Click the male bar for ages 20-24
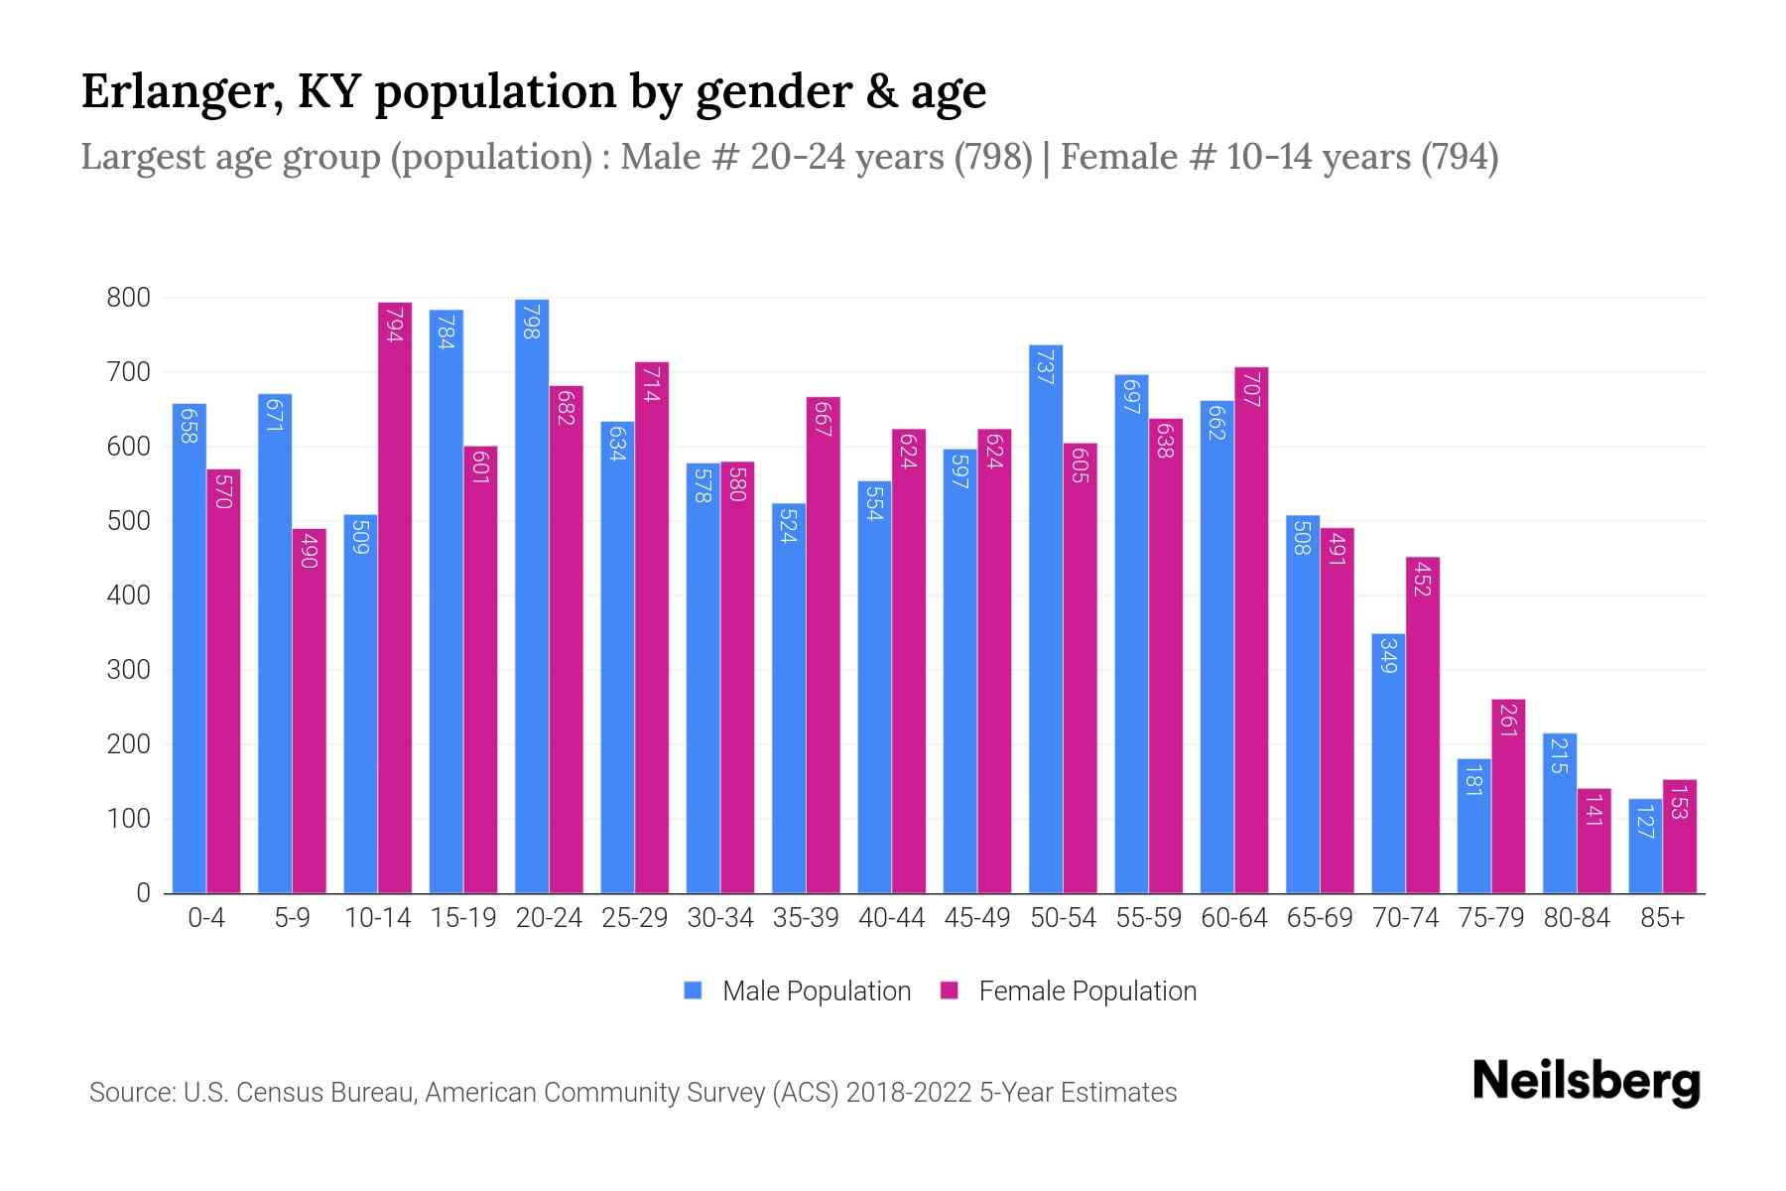point(532,595)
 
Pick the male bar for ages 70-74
point(1388,763)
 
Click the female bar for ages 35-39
point(824,645)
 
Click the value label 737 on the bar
point(1046,366)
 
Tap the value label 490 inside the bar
point(309,550)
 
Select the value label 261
point(1508,721)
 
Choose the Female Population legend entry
point(1069,992)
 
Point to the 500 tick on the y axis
point(129,521)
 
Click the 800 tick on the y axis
point(129,298)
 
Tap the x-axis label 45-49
point(977,918)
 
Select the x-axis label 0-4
point(206,918)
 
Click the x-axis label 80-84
point(1577,918)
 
